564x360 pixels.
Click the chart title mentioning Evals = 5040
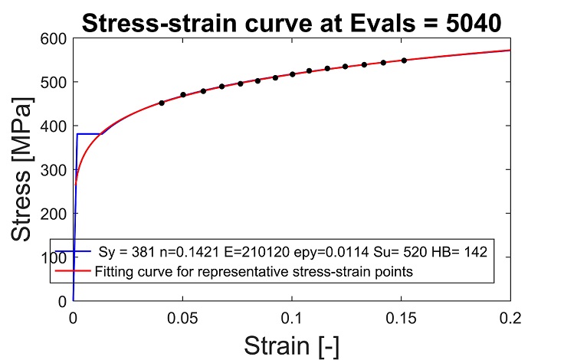292,23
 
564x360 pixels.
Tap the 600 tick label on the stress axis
54,39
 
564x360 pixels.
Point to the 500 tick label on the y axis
54,83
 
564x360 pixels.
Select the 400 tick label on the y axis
54,126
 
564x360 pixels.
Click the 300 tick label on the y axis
54,170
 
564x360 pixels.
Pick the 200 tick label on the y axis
54,214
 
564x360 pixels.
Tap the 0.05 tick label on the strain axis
182,319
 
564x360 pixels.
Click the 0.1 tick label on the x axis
292,319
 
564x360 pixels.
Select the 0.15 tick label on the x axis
401,319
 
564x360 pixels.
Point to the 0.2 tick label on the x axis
510,319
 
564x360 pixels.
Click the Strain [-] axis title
292,345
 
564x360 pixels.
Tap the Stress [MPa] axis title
21,169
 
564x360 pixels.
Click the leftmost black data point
162,103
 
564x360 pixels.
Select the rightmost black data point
404,61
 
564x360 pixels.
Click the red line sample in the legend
73,271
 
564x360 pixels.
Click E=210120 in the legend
257,252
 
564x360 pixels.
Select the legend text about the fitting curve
254,271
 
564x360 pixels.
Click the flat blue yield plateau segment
89,134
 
